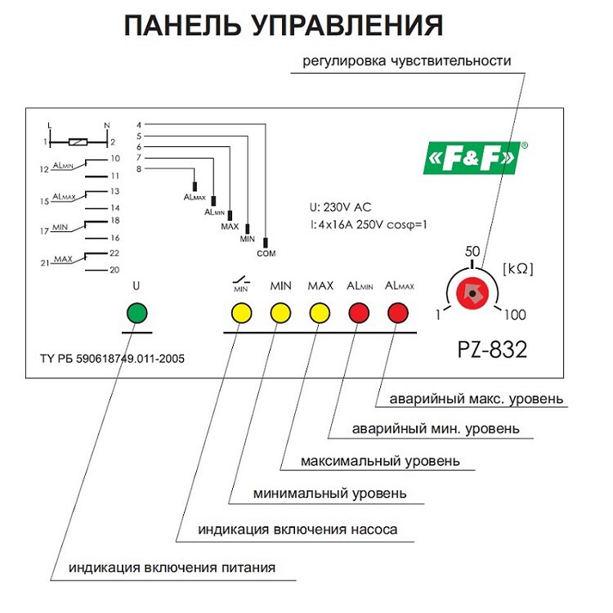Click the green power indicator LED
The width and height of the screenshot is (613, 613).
pos(137,313)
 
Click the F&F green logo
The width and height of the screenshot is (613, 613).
pos(471,157)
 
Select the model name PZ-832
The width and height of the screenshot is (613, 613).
pos(491,350)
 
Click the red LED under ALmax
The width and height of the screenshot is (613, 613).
pos(399,313)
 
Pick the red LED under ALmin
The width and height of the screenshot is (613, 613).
pos(360,313)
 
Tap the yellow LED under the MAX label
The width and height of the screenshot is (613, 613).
pos(320,313)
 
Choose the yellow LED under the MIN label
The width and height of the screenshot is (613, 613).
pos(281,313)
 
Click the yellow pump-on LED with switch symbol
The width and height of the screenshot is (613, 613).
pos(241,313)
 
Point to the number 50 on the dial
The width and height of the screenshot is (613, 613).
pos(472,253)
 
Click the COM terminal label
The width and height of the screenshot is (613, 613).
pos(266,253)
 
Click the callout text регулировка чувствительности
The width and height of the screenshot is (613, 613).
pos(407,60)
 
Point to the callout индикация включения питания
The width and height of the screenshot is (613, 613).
pos(172,567)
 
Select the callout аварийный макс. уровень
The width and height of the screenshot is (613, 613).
pos(476,399)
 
